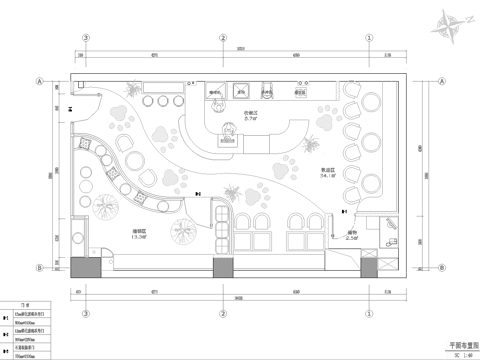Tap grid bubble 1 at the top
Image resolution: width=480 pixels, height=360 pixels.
(369, 39)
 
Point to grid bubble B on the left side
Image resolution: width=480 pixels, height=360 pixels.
(41, 268)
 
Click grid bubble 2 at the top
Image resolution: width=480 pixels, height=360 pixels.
(222, 39)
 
